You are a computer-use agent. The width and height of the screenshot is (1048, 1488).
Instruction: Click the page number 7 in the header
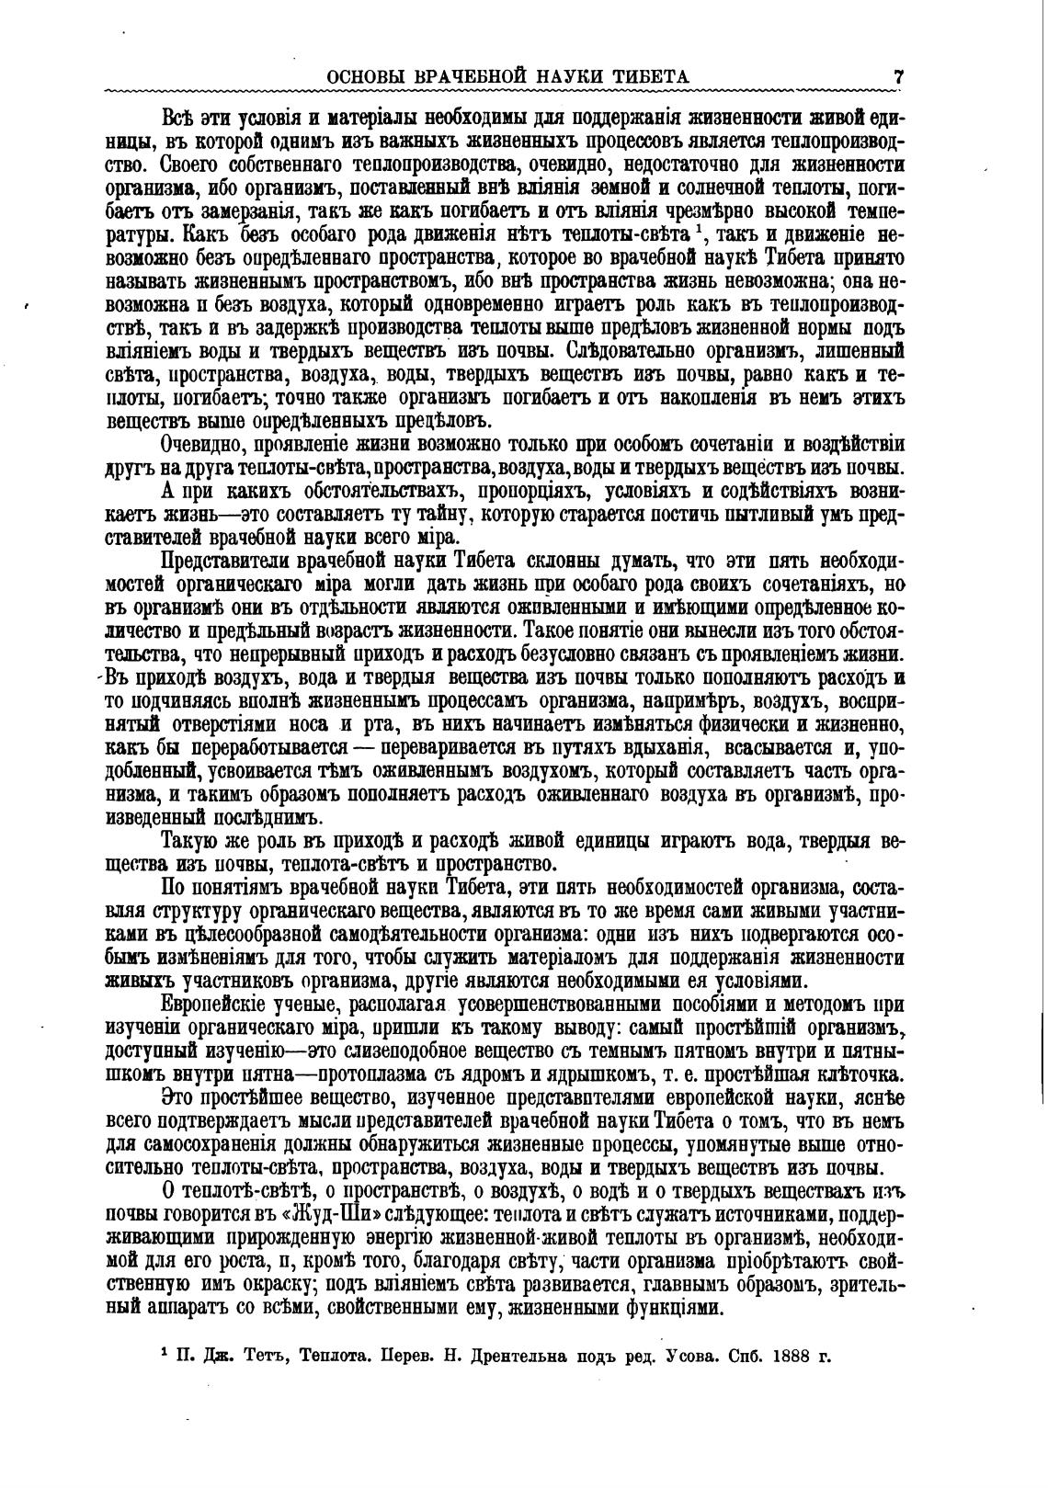(x=898, y=76)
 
